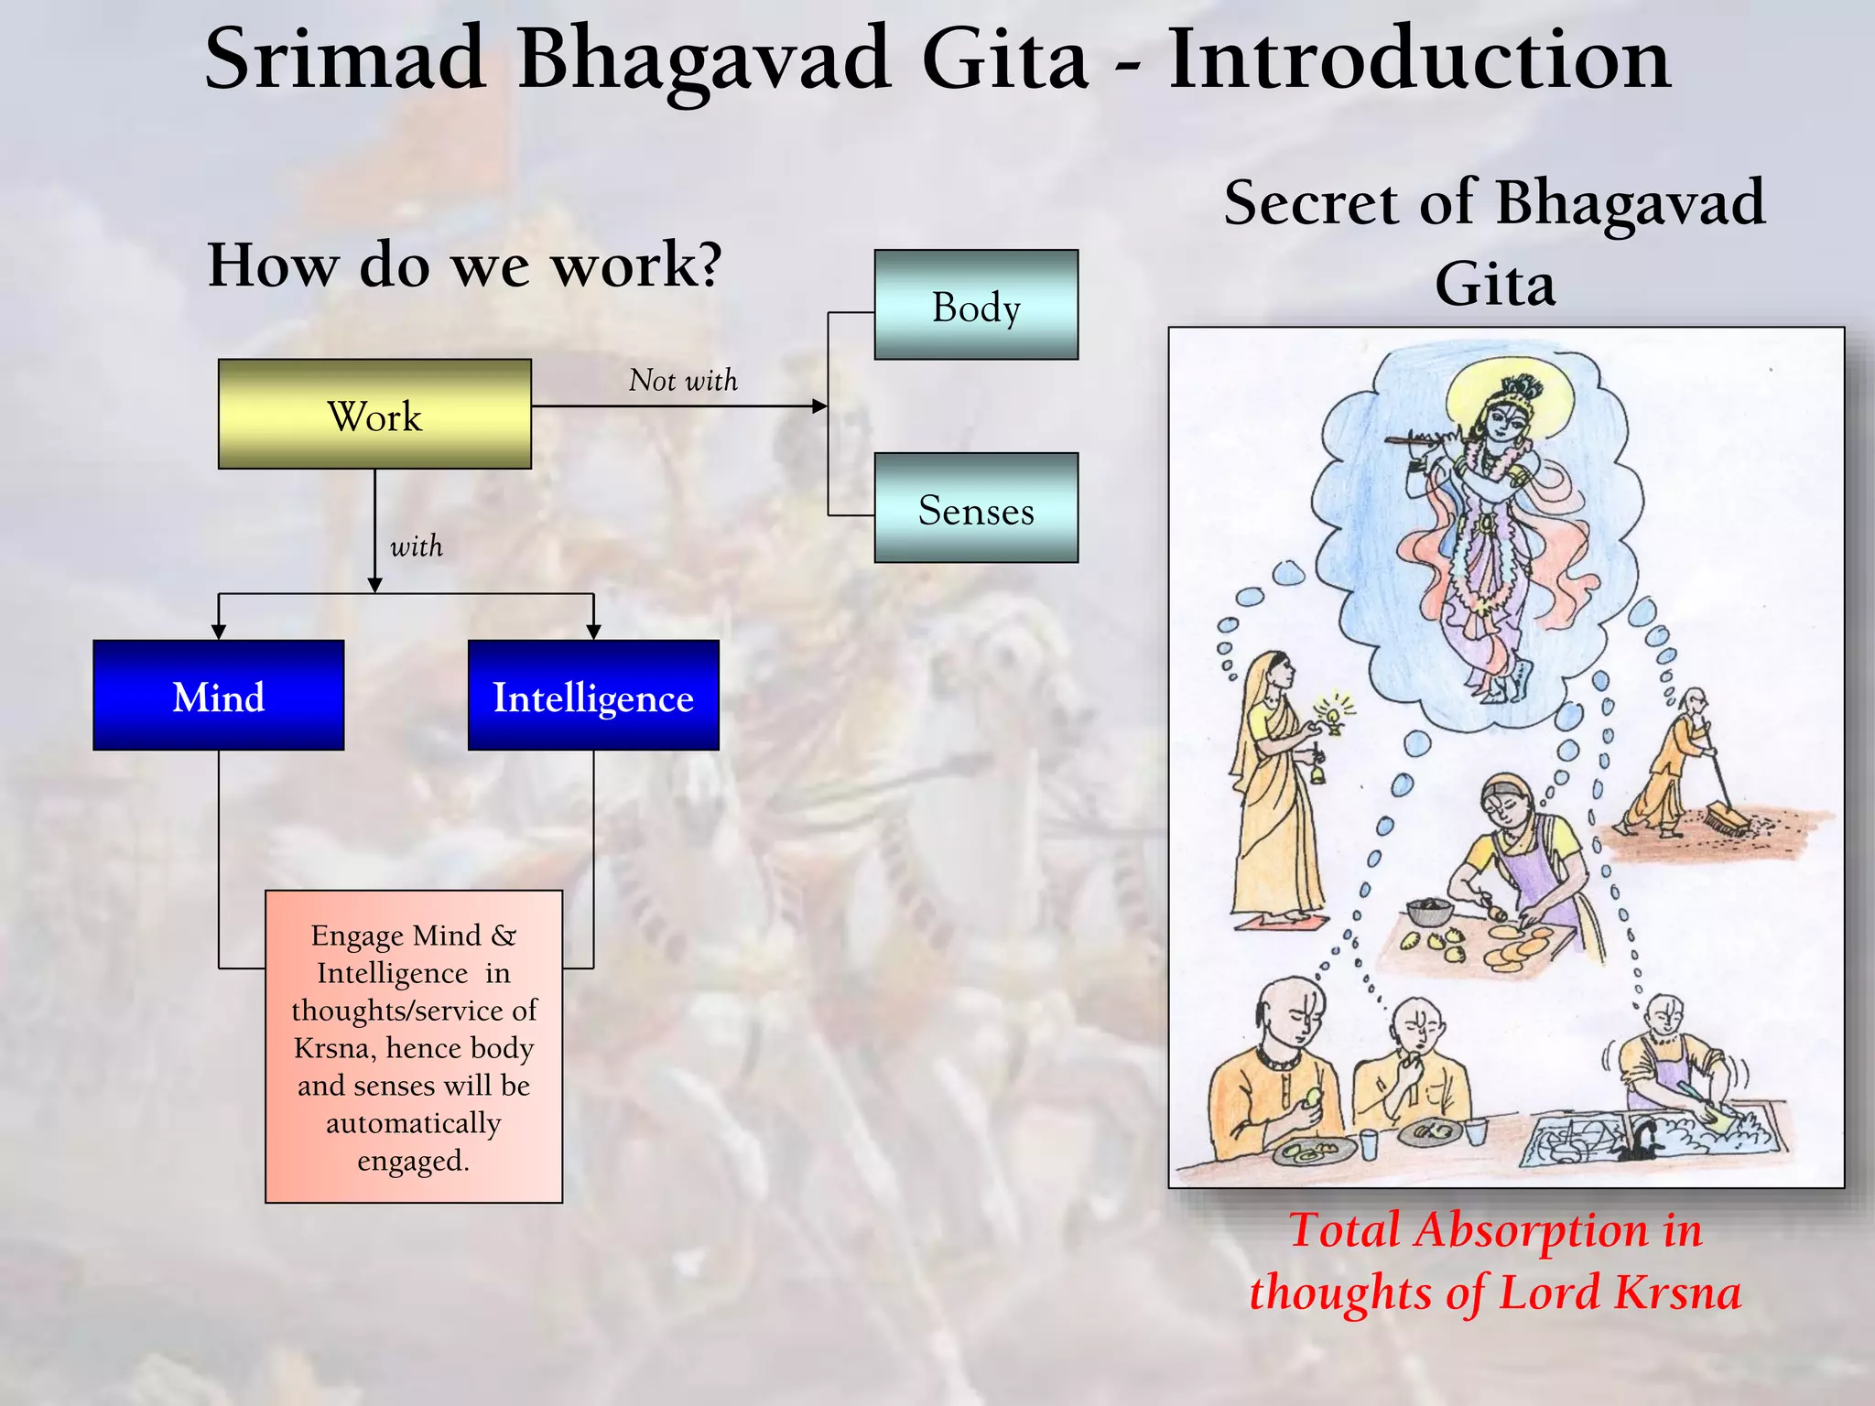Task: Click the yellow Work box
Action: click(x=374, y=414)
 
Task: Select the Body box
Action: click(x=976, y=305)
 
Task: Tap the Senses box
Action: click(x=976, y=508)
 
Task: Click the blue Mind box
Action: click(x=218, y=696)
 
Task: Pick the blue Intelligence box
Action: click(x=593, y=696)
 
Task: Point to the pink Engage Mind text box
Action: click(x=414, y=1046)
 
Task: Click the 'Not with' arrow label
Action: click(x=683, y=380)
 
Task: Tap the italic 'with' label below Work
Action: click(x=416, y=546)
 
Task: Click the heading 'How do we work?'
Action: click(x=465, y=265)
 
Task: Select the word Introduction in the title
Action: click(x=1419, y=59)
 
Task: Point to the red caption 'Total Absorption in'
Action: click(x=1495, y=1229)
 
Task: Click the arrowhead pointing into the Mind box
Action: click(x=218, y=632)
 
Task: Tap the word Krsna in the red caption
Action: click(x=1677, y=1292)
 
